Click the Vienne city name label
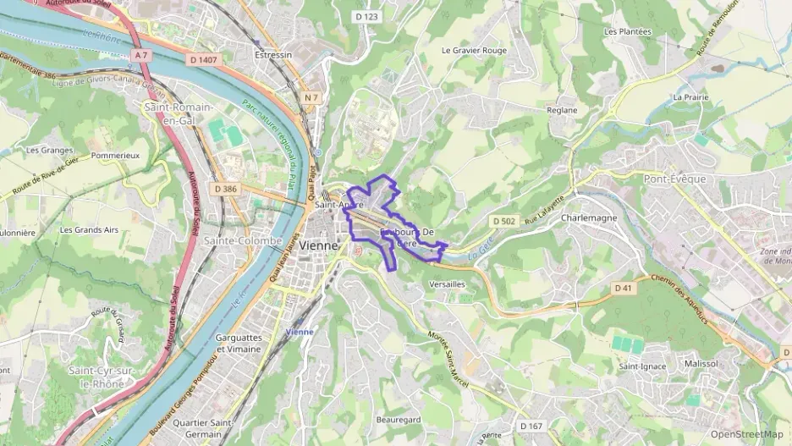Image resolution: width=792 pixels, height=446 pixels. (x=318, y=245)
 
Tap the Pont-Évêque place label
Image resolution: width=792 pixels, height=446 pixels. (x=674, y=179)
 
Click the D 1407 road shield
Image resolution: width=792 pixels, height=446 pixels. (x=203, y=59)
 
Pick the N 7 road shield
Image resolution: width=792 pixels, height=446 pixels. (x=311, y=97)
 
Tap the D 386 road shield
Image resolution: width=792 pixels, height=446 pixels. (x=227, y=188)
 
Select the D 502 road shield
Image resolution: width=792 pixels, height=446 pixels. (x=505, y=221)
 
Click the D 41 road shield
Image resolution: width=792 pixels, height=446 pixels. (x=623, y=289)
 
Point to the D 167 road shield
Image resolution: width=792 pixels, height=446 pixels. (x=531, y=426)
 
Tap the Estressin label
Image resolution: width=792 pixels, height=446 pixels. (x=272, y=54)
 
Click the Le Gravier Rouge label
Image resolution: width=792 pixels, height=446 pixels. (x=474, y=50)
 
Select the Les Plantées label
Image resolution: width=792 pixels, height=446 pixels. (x=628, y=31)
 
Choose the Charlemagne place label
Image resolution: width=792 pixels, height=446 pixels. (x=589, y=217)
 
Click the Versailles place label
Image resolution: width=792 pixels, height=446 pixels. (x=448, y=284)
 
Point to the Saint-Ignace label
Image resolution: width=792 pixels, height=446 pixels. (x=642, y=366)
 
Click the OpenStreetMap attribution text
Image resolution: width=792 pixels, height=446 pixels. (x=746, y=434)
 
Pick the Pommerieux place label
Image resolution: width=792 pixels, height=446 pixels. (x=114, y=156)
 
